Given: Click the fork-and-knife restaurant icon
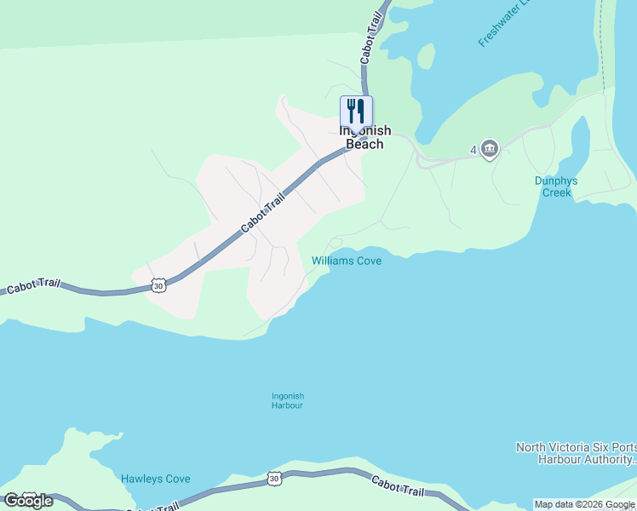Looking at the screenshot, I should [356, 111].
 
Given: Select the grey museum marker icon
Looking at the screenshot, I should [489, 150].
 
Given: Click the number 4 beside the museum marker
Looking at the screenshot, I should [473, 151].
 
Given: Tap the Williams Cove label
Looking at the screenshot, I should [346, 261].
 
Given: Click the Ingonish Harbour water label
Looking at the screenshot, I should [287, 400].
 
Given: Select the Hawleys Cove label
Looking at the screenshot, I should [155, 479].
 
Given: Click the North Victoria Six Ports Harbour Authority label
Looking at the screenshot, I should [576, 453].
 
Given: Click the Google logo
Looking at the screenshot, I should [28, 501].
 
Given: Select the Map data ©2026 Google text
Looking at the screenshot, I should [584, 504].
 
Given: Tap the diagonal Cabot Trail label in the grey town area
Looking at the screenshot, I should [262, 212].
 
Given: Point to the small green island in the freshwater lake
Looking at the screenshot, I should [426, 55].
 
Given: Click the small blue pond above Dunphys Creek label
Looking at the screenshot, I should [580, 150].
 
